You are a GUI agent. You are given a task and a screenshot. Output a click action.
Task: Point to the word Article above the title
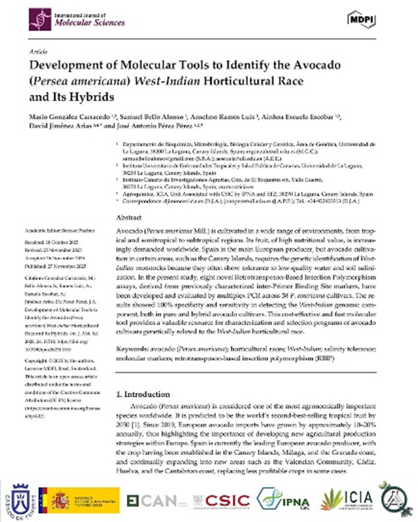36,51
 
